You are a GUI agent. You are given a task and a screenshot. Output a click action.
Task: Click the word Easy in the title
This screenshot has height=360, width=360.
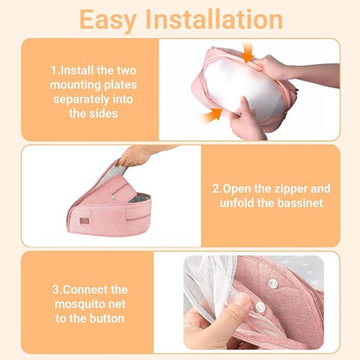pos(107,20)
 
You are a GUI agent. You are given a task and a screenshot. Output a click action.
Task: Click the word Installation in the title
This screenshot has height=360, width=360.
pos(214,19)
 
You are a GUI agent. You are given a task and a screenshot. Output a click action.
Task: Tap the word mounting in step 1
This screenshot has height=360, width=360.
pos(75,85)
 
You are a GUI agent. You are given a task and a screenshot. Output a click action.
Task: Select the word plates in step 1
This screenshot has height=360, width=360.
pos(120,85)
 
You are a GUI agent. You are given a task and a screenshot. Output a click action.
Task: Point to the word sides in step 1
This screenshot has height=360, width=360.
pos(104,113)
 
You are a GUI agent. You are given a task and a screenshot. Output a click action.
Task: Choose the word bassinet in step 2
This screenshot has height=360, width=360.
pos(298,202)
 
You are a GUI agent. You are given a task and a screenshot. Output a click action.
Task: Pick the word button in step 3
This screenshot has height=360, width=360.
pos(106,318)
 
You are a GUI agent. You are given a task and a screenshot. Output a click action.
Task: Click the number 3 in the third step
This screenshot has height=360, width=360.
pos(55,290)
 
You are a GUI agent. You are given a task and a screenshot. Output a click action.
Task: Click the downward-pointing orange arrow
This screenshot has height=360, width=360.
pos(247,53)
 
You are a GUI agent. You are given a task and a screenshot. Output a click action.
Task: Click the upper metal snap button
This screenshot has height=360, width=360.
pos(273,284)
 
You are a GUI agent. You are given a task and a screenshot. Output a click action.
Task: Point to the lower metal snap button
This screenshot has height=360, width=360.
pos(260,307)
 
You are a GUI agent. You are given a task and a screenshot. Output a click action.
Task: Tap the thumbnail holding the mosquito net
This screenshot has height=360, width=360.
pos(242,302)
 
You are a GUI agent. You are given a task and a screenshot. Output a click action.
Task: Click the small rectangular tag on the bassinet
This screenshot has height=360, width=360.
pos(85,222)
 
